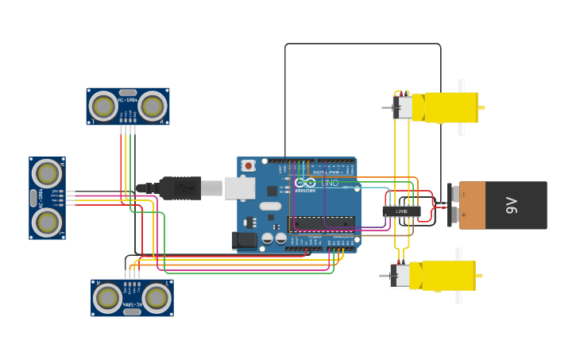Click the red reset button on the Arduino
point(249,165)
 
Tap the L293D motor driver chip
point(401,211)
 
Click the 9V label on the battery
point(512,205)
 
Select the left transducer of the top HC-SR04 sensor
point(103,106)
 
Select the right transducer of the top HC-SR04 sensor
point(152,106)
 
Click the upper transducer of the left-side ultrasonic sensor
point(47,173)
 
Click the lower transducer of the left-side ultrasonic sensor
point(47,222)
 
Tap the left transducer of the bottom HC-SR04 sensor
point(108,298)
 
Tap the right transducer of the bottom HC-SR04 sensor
point(157,298)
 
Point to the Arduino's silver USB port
point(239,188)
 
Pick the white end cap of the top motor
point(404,107)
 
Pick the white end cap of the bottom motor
point(402,276)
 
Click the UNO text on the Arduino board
point(329,183)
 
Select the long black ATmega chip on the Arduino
point(321,224)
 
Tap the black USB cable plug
point(180,188)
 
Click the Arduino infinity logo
point(305,183)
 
